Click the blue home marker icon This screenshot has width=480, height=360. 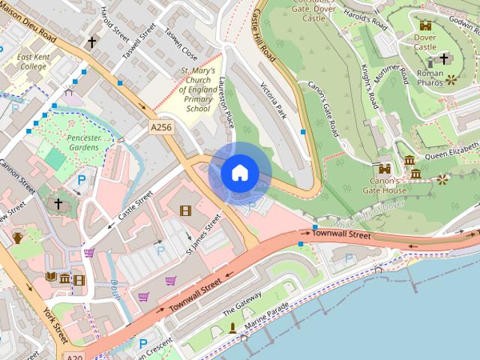click(239, 172)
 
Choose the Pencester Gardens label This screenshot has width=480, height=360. click(73, 143)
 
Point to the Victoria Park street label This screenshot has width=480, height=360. click(272, 99)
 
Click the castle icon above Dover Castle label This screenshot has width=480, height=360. click(425, 25)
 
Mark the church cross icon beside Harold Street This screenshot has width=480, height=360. click(91, 43)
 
